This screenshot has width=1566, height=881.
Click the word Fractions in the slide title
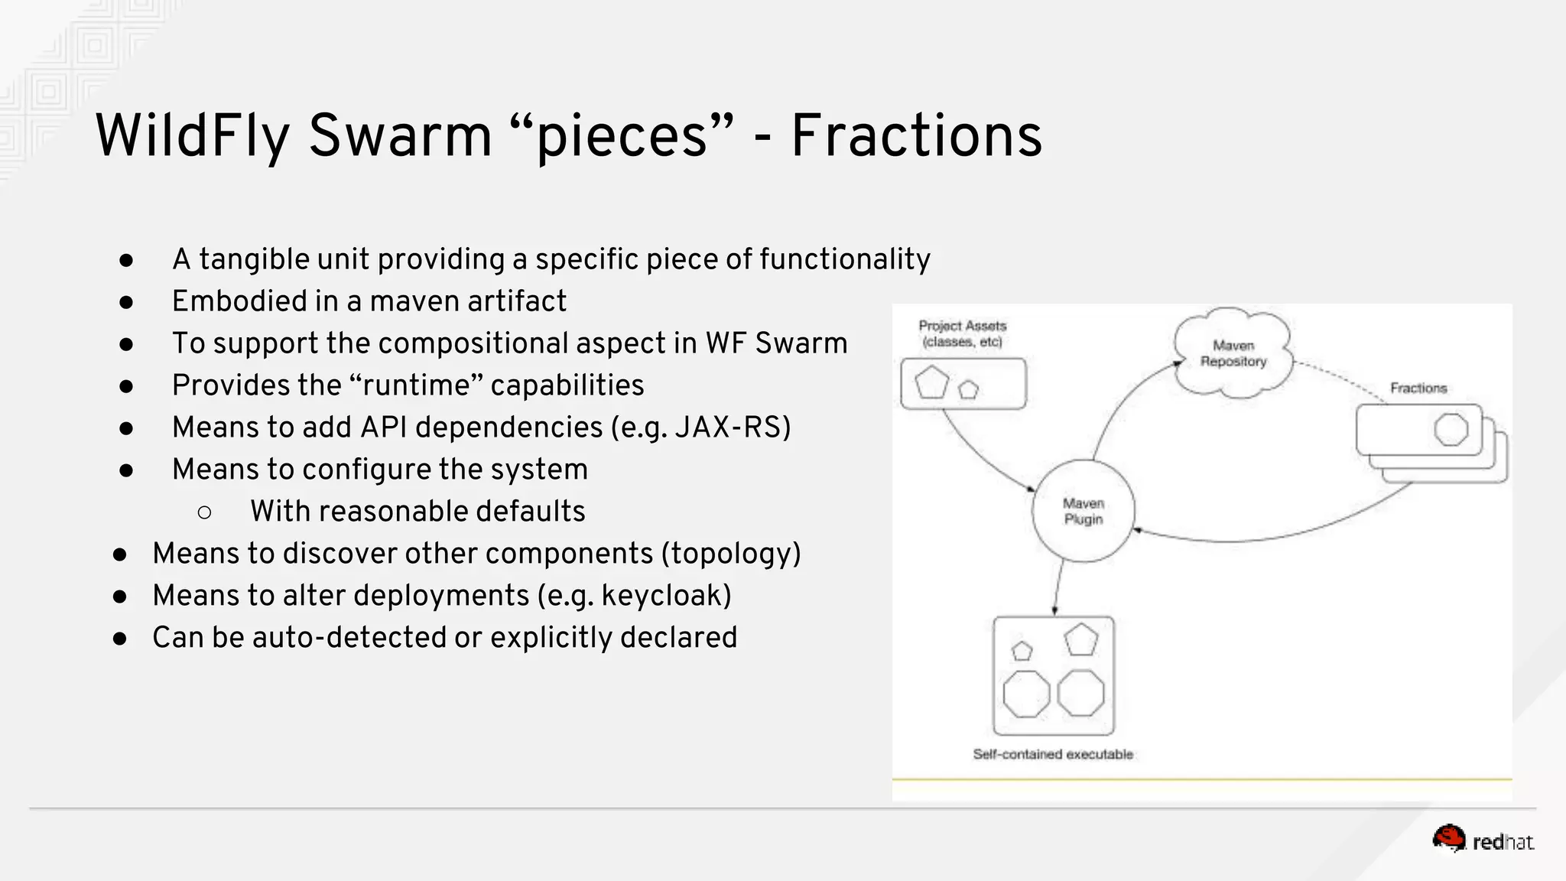tap(916, 136)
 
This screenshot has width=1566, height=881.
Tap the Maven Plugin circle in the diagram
tap(1083, 511)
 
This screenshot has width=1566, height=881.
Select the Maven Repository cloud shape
tap(1233, 353)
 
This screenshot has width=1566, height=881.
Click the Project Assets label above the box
tap(962, 333)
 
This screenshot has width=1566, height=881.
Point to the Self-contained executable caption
tap(1052, 754)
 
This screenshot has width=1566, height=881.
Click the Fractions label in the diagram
tap(1418, 388)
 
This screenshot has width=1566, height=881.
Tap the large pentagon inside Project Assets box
tap(931, 382)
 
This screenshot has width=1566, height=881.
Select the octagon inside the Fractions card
tap(1451, 429)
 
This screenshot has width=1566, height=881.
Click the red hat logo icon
tap(1448, 838)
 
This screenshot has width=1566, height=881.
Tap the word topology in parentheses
tap(731, 554)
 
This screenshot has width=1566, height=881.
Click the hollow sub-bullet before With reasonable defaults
tap(204, 512)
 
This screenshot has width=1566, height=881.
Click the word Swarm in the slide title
tap(400, 136)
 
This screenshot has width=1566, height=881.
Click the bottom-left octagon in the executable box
tap(1025, 694)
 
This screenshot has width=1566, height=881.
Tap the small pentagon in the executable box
tap(1022, 651)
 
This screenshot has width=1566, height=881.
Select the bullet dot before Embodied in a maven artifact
tap(126, 303)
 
